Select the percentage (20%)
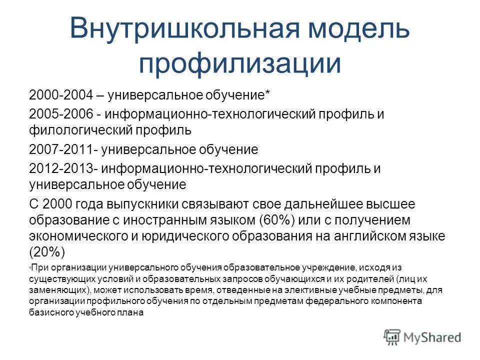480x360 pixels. [x=47, y=252]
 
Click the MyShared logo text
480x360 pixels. [x=432, y=337]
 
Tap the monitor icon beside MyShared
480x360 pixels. [x=392, y=337]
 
